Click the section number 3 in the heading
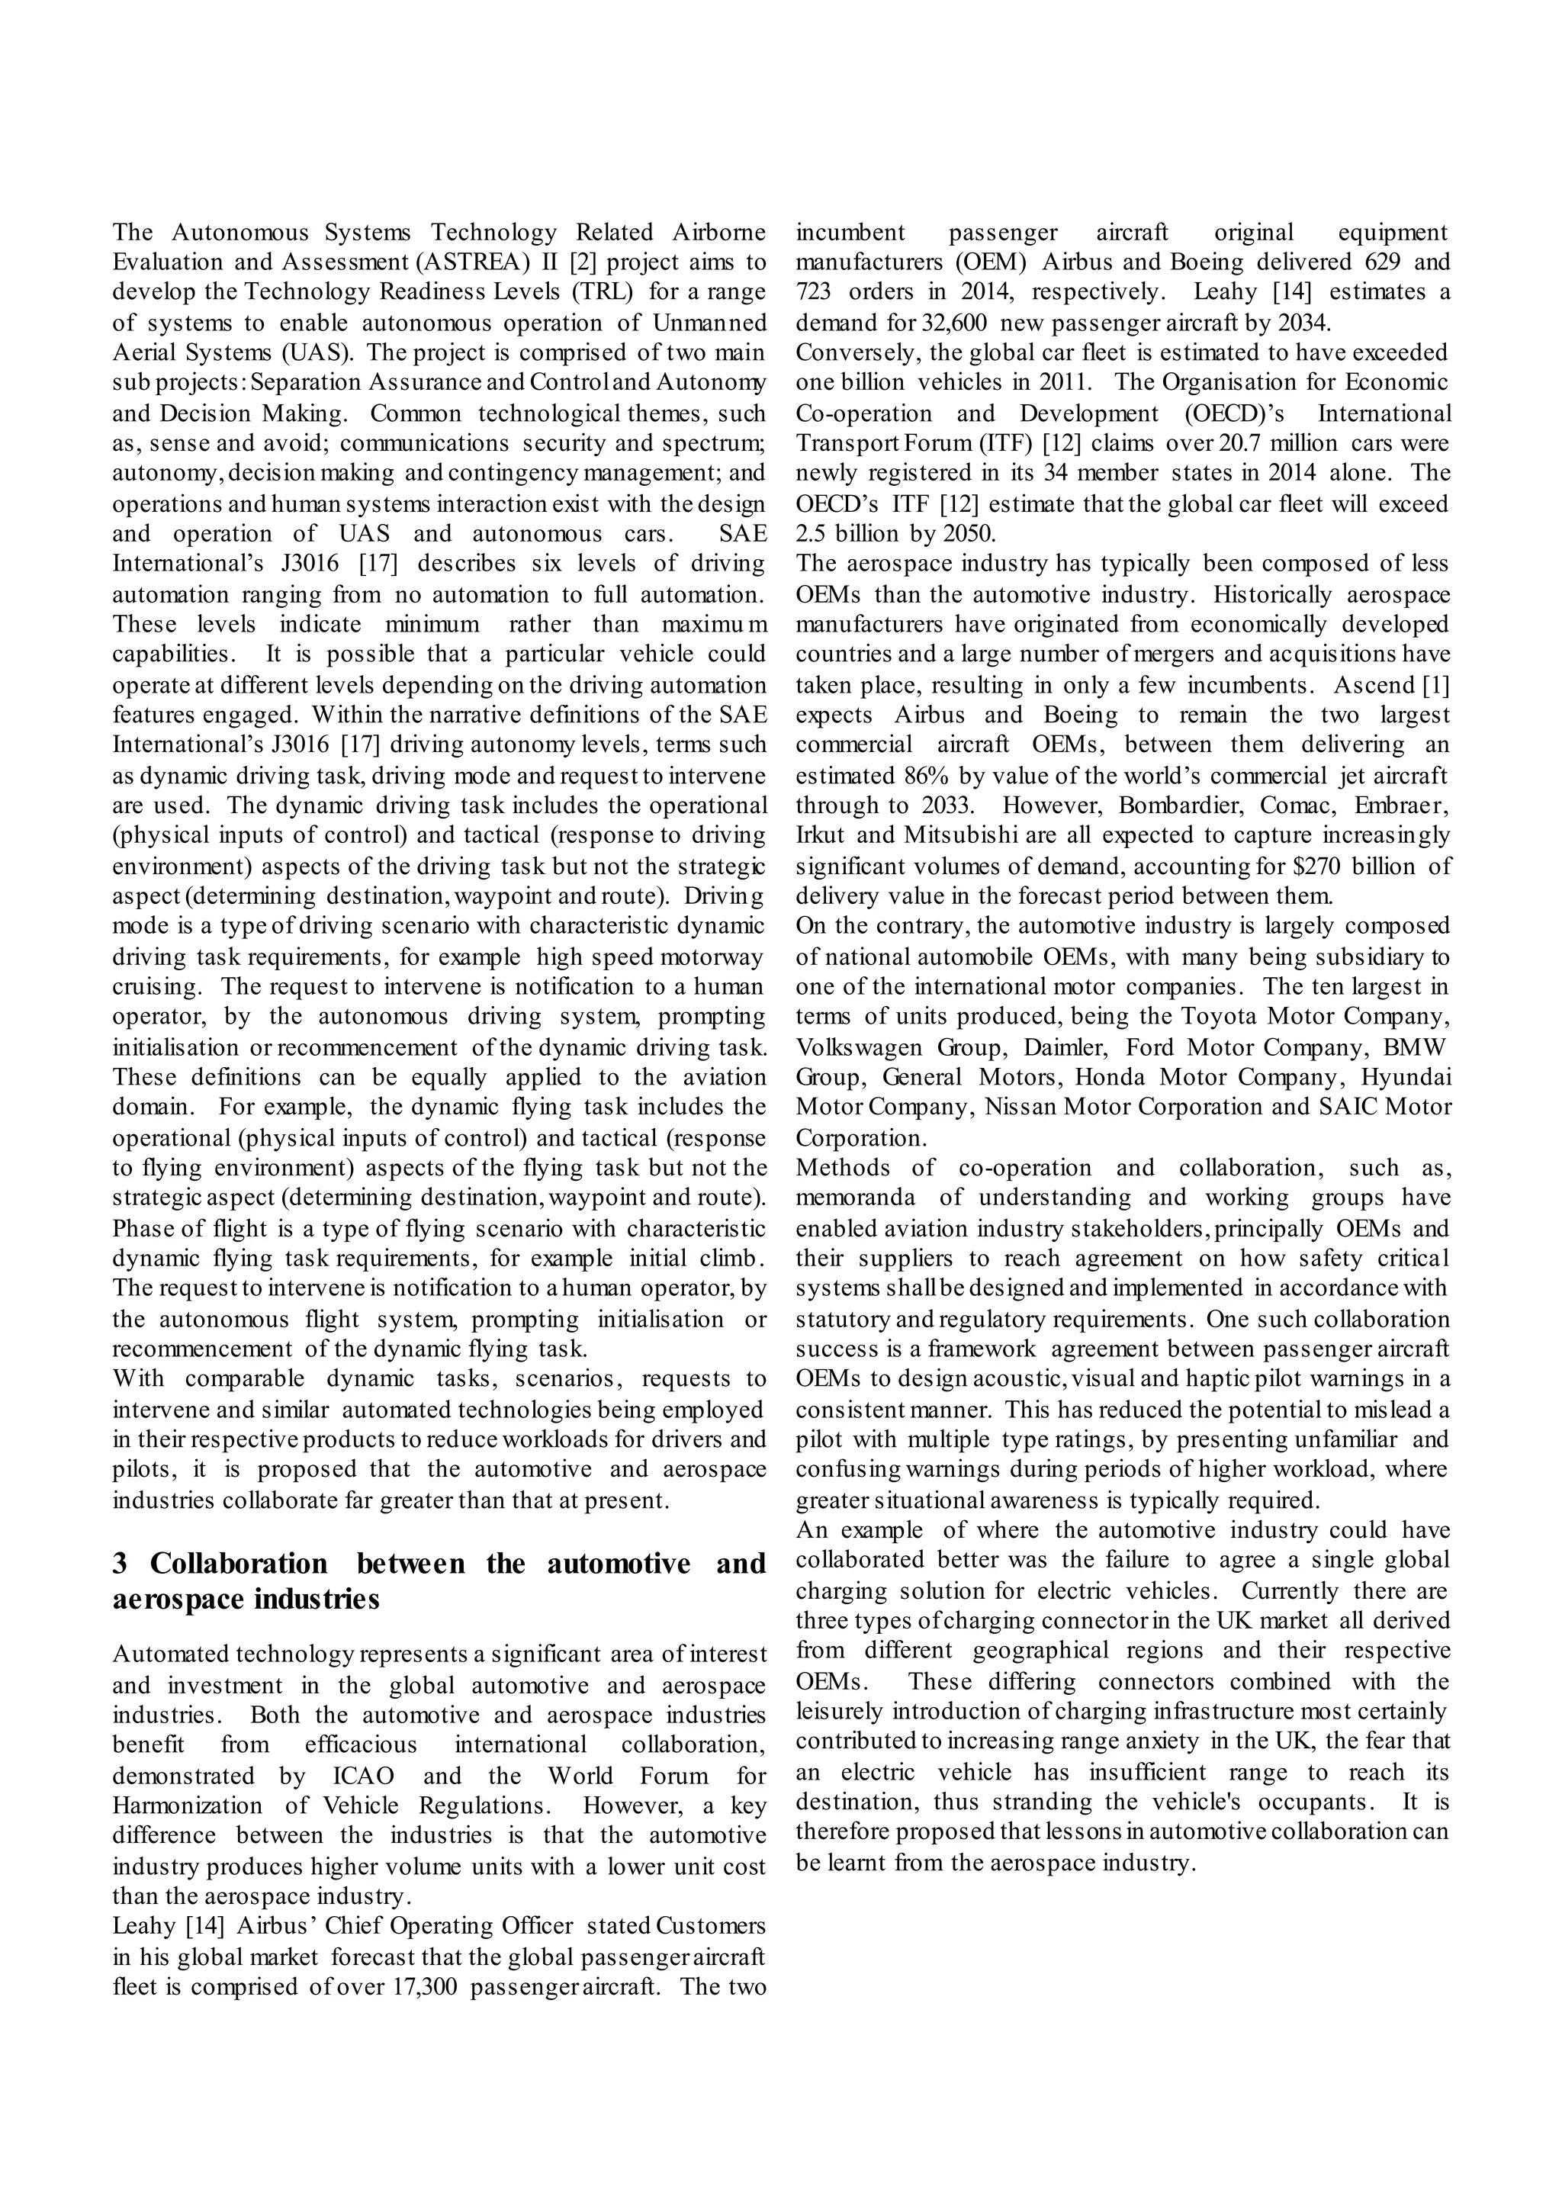(x=121, y=1564)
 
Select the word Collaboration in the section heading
(x=239, y=1564)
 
